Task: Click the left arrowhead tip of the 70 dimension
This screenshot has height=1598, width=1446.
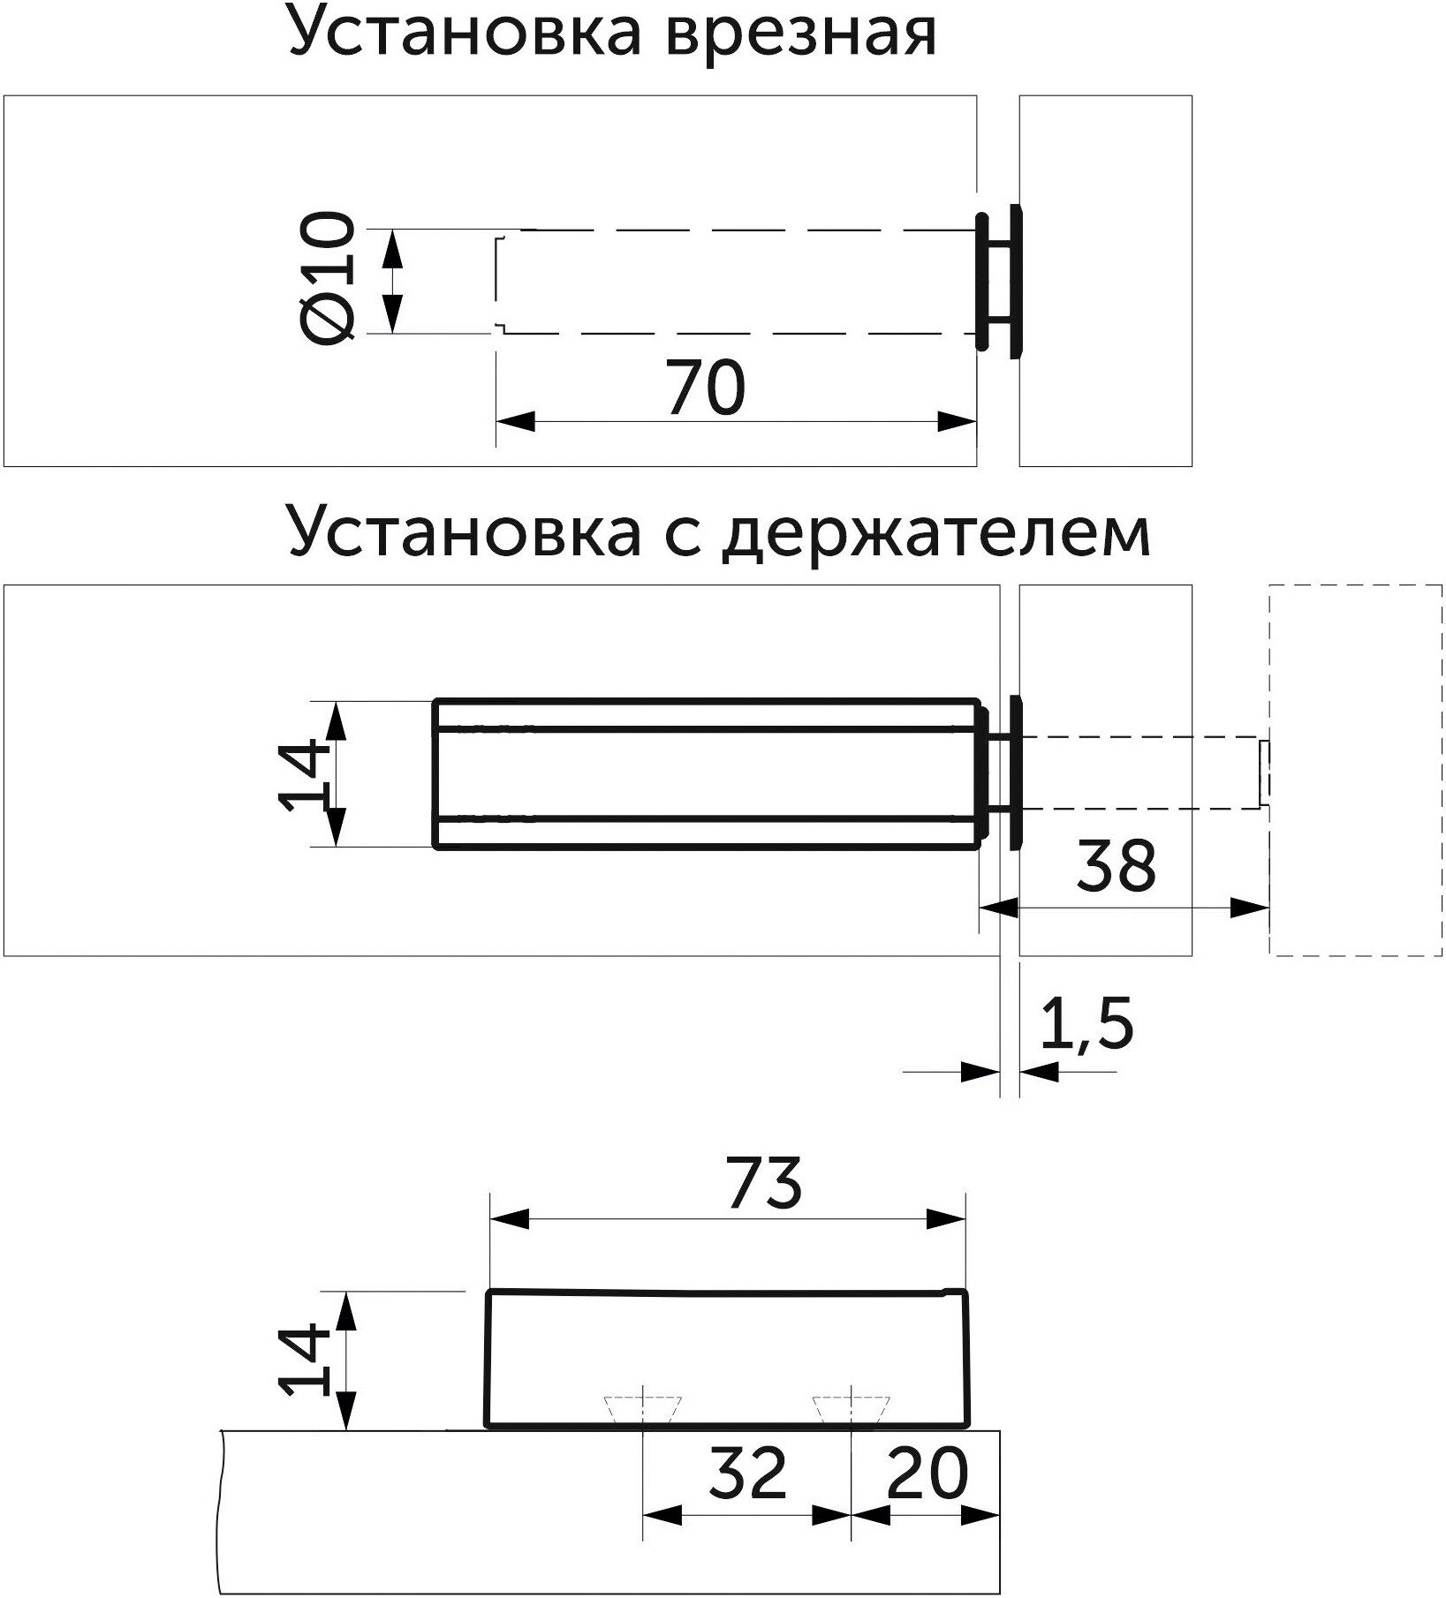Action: [x=496, y=422]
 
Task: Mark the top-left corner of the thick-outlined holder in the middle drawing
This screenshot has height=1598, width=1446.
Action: [x=434, y=701]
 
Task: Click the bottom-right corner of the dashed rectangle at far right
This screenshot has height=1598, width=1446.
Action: [x=1442, y=954]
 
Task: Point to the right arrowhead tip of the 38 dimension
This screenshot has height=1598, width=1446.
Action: [x=1269, y=908]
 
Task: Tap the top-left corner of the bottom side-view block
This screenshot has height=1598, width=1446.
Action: [x=490, y=1293]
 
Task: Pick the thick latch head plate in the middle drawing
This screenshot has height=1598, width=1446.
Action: [x=998, y=773]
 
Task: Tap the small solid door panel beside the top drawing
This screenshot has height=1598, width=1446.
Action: [x=1105, y=281]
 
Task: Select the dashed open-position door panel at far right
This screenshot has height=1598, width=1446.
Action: [x=1356, y=770]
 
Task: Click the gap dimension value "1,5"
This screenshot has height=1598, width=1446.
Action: [x=1086, y=1025]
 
